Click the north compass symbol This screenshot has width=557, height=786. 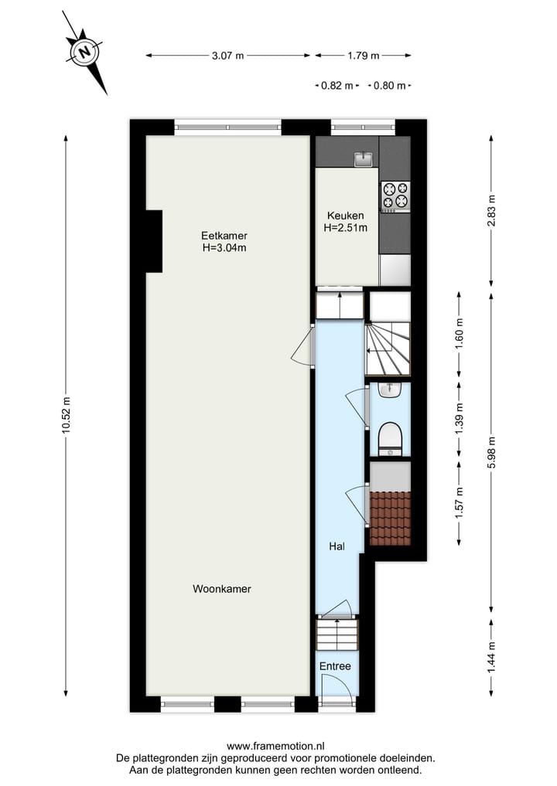pos(85,53)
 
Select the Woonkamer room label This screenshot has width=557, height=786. pos(222,589)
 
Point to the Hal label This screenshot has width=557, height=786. pos(337,546)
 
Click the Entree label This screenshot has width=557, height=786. pos(335,666)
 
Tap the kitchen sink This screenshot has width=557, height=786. pos(364,159)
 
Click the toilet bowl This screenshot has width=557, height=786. pos(390,440)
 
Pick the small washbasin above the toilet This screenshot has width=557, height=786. pos(390,391)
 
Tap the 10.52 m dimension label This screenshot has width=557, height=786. pos(66,416)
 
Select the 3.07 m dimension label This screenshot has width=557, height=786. pos(228,56)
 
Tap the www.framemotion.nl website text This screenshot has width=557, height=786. pos(275,746)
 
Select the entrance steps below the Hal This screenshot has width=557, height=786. pos(338,634)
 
